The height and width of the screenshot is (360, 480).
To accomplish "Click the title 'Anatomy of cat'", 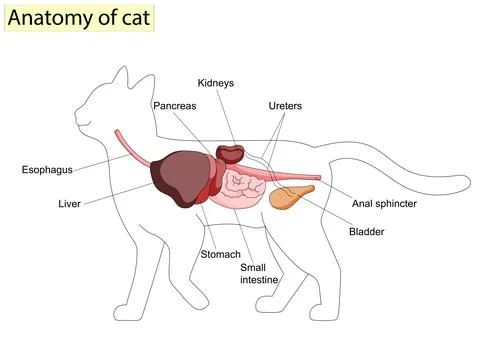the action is point(79,17).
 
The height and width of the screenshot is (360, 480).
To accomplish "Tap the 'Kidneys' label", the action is point(215,83).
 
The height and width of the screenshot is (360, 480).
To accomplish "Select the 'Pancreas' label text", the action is point(176,105).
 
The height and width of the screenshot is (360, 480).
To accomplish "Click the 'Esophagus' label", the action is point(48,169).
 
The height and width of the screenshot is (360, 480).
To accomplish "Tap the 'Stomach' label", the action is point(221,254).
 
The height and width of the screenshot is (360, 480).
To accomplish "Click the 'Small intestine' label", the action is point(258,273).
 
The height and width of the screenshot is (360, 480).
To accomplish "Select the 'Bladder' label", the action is point(366,232).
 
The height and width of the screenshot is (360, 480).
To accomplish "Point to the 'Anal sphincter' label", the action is point(384,203).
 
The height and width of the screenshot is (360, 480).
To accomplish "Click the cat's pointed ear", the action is point(121,76).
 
